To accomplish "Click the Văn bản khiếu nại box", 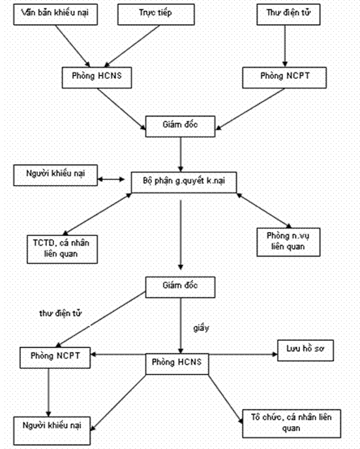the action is click(55, 14).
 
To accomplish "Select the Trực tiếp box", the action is click(156, 14).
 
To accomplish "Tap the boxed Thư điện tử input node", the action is click(288, 14).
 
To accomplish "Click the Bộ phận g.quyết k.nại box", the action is click(184, 182).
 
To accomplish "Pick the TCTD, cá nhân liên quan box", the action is click(62, 249).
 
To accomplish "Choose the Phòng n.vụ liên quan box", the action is click(288, 242).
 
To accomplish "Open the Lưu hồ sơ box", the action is click(305, 351).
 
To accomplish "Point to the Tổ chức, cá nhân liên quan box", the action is click(292, 424).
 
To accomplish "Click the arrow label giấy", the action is click(202, 328).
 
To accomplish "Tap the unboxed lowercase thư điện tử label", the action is click(60, 313).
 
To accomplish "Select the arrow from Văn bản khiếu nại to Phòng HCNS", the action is click(73, 46).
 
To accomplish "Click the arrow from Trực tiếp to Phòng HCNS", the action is click(132, 46).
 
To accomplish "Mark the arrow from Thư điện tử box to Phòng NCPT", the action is click(285, 46).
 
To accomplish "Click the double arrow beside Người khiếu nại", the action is click(112, 180).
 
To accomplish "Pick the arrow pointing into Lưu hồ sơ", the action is click(243, 355).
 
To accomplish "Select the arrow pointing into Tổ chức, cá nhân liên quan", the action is click(226, 399).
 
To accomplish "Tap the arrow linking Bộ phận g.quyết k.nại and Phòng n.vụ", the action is click(264, 210).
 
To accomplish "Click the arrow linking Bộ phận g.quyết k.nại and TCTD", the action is click(97, 214).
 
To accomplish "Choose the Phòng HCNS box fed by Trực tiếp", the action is click(97, 78).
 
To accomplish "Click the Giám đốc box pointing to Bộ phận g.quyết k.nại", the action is click(180, 126).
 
